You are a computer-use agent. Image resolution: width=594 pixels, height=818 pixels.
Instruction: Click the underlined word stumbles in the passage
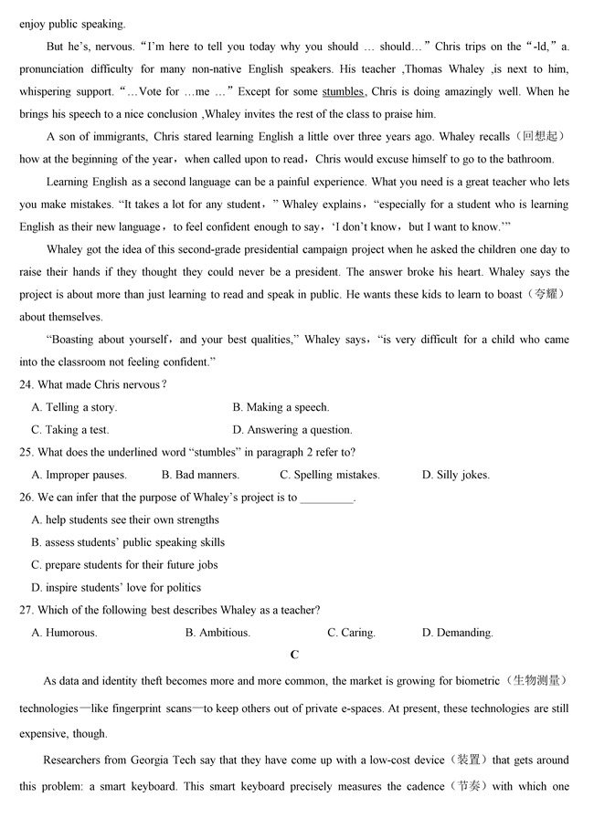point(343,91)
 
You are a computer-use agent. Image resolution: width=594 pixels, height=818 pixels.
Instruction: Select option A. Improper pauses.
point(80,475)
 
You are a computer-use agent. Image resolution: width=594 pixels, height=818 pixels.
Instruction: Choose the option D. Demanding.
point(457,633)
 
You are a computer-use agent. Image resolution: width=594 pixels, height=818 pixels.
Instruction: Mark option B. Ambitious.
point(217,633)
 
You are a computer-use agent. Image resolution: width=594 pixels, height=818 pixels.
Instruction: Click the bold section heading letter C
point(294,655)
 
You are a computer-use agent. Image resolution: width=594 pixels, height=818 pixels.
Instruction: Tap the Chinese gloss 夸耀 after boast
point(546,295)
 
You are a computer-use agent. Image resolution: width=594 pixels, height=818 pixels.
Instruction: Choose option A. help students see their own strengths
point(125,519)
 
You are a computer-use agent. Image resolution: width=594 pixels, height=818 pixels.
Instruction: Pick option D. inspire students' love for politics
point(116,587)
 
